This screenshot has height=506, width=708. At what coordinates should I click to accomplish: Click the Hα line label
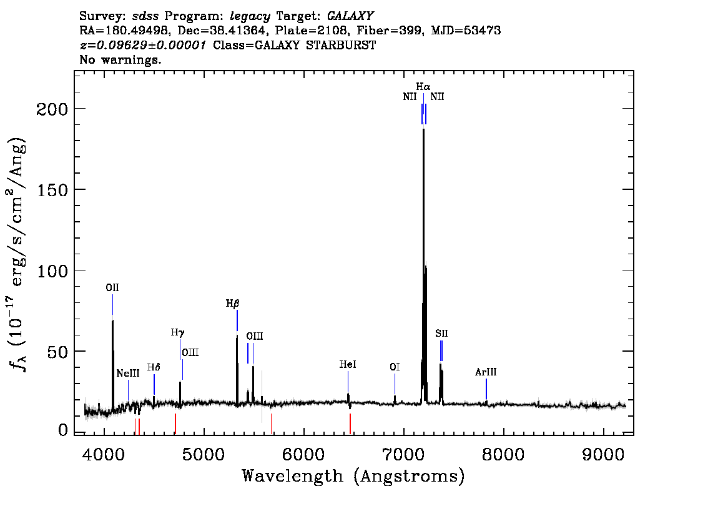tap(423, 86)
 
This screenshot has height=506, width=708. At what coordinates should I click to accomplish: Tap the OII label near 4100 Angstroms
tap(112, 288)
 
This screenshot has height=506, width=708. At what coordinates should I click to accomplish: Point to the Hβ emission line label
tap(232, 304)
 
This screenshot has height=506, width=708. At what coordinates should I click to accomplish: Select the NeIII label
tap(128, 373)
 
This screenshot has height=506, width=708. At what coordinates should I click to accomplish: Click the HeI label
tap(348, 365)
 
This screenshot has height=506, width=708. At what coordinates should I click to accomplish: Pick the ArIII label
tap(486, 372)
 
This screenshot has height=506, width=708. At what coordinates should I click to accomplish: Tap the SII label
tap(441, 334)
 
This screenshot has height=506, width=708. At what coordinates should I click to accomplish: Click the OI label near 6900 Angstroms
tap(395, 367)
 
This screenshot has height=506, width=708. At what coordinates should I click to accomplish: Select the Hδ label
tap(154, 367)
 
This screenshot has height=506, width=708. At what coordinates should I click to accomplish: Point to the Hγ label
tap(177, 333)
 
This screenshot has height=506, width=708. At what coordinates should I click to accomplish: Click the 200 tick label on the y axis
tap(52, 109)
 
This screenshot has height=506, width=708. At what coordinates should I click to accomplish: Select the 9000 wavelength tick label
tap(603, 454)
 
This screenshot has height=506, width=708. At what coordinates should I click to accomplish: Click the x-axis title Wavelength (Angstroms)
tap(353, 476)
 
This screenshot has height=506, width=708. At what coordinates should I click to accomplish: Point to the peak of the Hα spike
tap(423, 129)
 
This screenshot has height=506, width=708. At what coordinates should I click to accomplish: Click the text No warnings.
tap(120, 59)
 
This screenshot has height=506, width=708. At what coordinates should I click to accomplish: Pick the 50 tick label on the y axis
tap(57, 352)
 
